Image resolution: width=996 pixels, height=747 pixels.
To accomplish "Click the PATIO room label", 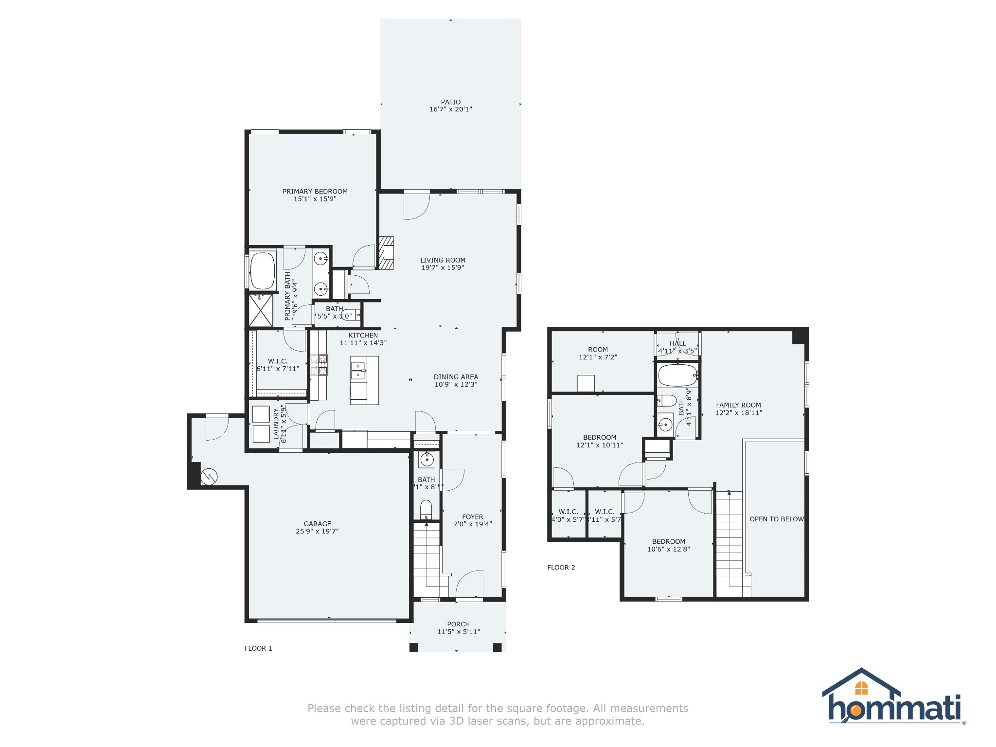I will pos(450,102).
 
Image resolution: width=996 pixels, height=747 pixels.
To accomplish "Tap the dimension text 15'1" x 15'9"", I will pos(315,199).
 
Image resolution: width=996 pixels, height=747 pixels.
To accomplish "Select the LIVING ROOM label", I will pos(443,260).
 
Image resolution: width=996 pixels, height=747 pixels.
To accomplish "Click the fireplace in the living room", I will pos(387,253).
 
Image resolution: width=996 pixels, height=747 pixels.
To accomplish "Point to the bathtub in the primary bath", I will pos(263,271).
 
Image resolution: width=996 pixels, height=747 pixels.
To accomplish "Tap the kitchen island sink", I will pos(358,371).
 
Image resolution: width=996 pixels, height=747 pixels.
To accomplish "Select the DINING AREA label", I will pos(456,377).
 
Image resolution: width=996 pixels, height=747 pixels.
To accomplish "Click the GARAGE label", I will pos(317,524).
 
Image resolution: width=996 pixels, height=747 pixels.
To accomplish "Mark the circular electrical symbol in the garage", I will pos(209,477).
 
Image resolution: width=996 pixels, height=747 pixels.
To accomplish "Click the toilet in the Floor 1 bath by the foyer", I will pos(426,509).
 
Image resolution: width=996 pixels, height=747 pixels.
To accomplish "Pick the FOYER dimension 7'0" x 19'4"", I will pos(473,524).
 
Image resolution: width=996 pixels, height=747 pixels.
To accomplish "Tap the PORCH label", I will pos(458,624).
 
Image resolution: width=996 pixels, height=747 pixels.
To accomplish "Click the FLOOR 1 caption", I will pos(258,648).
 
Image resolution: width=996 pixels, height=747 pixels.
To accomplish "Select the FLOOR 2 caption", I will pos(561,568).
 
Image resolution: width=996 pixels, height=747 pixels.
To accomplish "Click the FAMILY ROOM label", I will pos(738,405).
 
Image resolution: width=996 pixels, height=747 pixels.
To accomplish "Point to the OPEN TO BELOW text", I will pos(776,519).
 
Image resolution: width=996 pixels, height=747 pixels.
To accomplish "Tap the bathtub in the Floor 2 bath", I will pos(677,375).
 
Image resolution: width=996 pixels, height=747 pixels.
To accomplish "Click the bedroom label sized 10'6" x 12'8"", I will pos(668,541).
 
